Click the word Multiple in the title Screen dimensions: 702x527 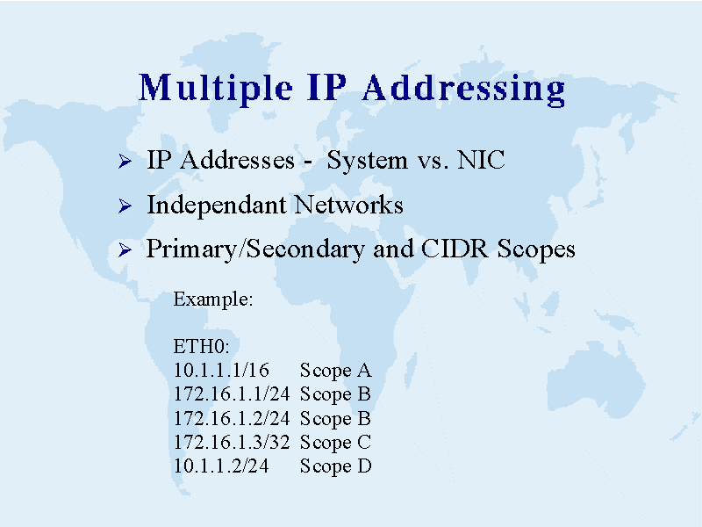[216, 90]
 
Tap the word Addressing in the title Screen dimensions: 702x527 [464, 90]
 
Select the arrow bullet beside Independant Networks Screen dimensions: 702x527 [125, 206]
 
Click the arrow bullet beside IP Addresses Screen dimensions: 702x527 [125, 161]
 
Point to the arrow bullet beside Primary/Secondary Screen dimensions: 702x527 [125, 249]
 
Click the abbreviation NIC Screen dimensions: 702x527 [481, 160]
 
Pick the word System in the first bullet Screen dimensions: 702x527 [367, 161]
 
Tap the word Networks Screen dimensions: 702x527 [348, 205]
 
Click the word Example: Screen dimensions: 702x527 [213, 299]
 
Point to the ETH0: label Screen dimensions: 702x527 [202, 346]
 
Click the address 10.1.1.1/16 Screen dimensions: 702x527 [222, 370]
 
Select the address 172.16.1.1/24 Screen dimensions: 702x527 [232, 393]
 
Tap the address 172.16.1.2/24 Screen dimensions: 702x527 [232, 418]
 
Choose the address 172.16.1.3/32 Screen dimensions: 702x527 [232, 443]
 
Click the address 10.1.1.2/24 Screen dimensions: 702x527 [222, 466]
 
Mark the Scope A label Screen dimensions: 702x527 [336, 371]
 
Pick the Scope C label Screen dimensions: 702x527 [336, 443]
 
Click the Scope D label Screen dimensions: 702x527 [336, 466]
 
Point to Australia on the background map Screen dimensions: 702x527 [596, 381]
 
